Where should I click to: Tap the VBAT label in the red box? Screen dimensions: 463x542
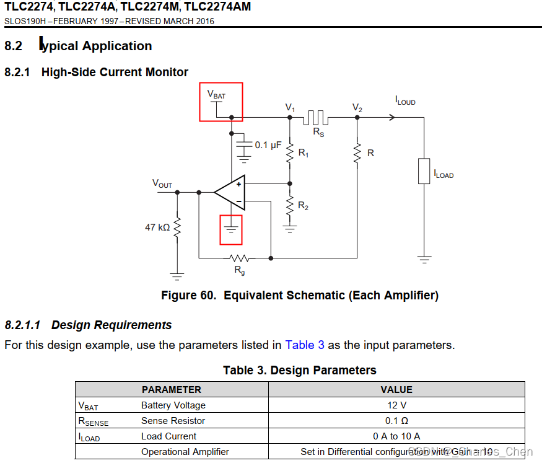(x=216, y=95)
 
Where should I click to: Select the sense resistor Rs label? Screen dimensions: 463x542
(x=318, y=132)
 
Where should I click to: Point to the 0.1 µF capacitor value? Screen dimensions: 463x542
(x=268, y=145)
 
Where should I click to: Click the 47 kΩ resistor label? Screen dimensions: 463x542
(x=157, y=227)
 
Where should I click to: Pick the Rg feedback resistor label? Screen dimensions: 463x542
(x=239, y=270)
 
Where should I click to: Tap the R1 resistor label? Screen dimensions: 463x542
(x=303, y=152)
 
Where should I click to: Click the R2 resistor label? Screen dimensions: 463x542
(x=303, y=206)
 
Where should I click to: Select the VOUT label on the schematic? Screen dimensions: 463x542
(x=162, y=183)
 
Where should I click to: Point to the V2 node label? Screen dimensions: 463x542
(x=357, y=108)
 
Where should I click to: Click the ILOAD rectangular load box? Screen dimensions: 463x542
(x=424, y=171)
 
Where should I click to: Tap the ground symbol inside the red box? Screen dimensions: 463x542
(x=231, y=229)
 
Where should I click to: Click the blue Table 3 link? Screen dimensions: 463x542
(x=305, y=345)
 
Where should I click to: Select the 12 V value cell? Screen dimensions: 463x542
(x=396, y=405)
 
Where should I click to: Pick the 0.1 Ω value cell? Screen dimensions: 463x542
(x=396, y=421)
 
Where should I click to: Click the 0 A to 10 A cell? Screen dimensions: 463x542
(x=396, y=436)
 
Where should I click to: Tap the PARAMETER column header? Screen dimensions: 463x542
(x=172, y=390)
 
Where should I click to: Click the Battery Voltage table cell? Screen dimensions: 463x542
(x=173, y=405)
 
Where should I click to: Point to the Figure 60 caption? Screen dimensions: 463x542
(x=300, y=295)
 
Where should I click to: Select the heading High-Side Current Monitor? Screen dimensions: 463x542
(x=115, y=72)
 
